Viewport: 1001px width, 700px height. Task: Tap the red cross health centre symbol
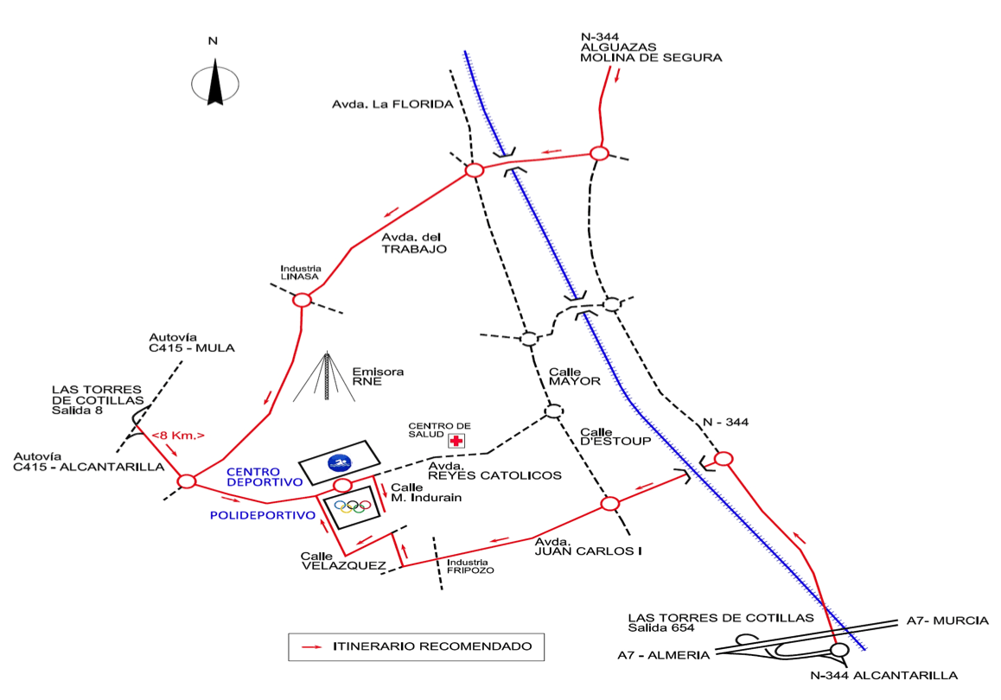click(x=456, y=441)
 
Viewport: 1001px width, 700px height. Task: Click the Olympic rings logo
click(x=352, y=506)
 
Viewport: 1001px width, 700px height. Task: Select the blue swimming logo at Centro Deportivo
click(x=338, y=462)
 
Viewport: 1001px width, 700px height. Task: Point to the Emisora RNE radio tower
click(x=326, y=377)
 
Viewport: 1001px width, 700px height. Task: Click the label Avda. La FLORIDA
click(x=392, y=105)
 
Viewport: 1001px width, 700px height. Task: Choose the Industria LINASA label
click(x=301, y=272)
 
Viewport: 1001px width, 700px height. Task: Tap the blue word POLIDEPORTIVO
click(x=261, y=515)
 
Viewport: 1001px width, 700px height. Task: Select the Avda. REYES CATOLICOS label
click(x=495, y=470)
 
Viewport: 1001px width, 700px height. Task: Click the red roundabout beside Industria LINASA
click(x=302, y=300)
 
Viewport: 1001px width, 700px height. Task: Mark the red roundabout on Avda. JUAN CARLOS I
click(x=610, y=504)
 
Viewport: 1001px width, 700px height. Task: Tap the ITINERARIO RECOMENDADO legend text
click(x=432, y=646)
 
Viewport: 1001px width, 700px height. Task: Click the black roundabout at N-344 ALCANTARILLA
click(x=838, y=650)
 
